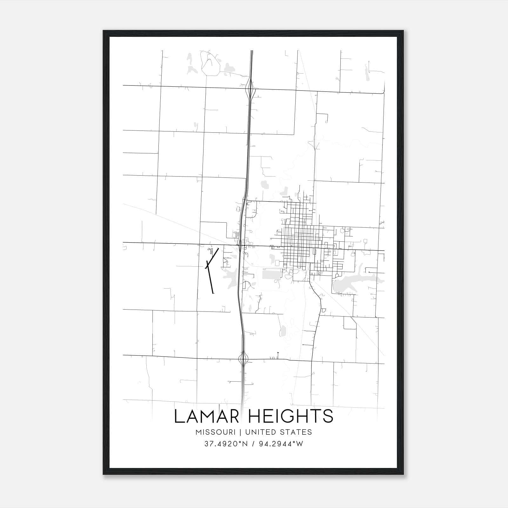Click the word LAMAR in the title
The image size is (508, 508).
206,416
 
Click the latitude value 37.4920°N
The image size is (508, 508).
226,444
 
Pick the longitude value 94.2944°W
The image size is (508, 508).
281,444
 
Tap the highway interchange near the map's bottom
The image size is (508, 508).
243,359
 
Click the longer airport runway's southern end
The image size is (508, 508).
213,293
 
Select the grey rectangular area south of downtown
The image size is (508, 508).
271,274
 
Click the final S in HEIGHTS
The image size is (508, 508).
329,416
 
